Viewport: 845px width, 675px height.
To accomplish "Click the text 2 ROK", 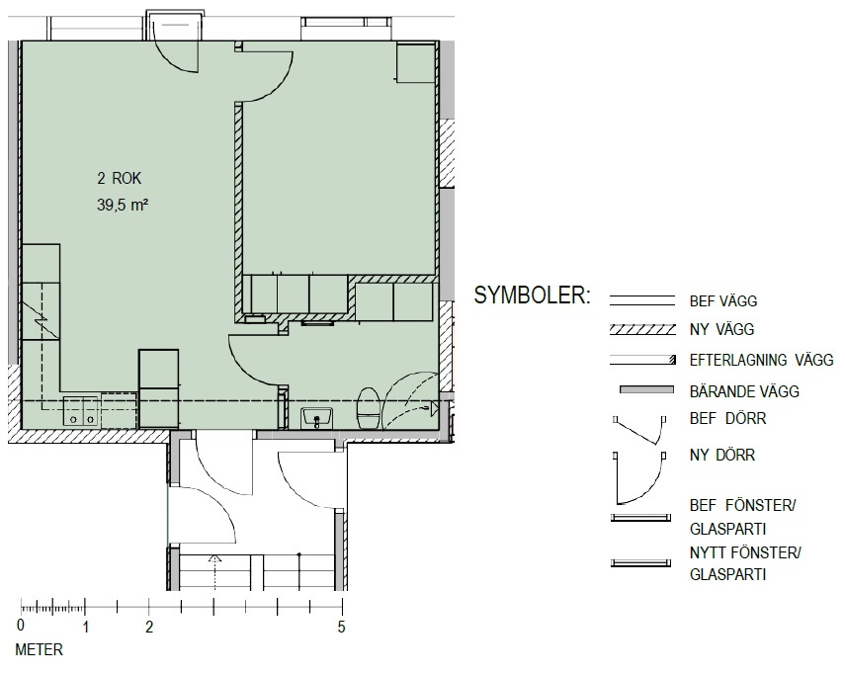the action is tap(120, 178).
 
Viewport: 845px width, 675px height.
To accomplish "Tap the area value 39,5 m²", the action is tap(123, 206).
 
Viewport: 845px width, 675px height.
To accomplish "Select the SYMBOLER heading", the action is tap(533, 295).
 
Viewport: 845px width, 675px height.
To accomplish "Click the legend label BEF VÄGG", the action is tap(723, 300).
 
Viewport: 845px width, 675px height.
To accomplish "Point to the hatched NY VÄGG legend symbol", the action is tap(642, 329).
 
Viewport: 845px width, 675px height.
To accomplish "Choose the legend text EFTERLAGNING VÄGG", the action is tap(761, 360).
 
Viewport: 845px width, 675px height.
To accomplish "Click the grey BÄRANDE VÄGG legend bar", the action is tap(646, 389).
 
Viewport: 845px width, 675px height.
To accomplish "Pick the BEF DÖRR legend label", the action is tap(727, 418).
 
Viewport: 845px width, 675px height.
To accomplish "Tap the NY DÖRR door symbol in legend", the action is tap(639, 477).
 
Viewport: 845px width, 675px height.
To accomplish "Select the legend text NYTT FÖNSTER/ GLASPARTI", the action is tap(745, 563).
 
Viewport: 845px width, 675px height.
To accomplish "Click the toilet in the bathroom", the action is tap(370, 408).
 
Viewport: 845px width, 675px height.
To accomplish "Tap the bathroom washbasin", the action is tap(317, 418).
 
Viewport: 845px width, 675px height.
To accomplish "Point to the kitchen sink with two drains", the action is tap(81, 412).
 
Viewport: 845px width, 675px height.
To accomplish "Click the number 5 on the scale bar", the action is tap(341, 627).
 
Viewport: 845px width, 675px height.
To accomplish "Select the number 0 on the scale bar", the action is tap(21, 626).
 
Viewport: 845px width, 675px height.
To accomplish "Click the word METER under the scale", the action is tap(39, 649).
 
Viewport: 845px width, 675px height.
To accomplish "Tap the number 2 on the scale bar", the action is tap(149, 627).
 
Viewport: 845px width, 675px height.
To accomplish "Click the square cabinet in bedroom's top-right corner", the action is tap(415, 63).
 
